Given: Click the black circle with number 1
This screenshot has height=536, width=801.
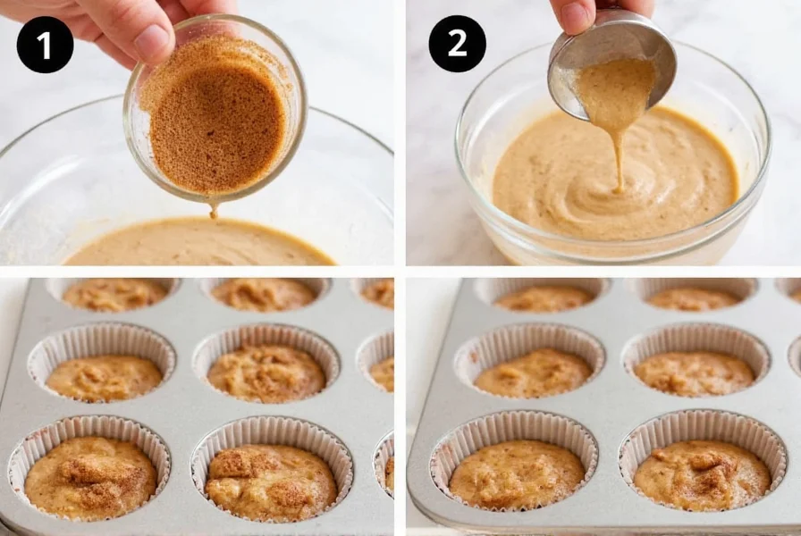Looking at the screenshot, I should point(45,45).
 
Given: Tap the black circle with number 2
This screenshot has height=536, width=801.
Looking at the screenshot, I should point(457,44).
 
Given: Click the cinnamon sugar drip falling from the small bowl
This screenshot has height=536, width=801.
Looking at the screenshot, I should point(214,209).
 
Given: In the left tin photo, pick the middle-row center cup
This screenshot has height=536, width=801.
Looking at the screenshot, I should point(266,370).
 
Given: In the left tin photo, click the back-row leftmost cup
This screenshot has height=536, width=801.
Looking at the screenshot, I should point(114,294).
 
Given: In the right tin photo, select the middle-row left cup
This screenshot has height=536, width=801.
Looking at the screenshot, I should point(529,370).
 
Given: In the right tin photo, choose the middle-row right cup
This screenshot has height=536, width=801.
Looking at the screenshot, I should point(695,370).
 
